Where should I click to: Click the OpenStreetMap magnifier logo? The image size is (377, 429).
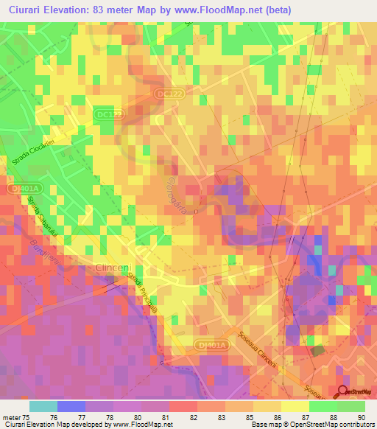tap(343, 392)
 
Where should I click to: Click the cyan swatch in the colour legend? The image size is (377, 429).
tap(43, 406)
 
